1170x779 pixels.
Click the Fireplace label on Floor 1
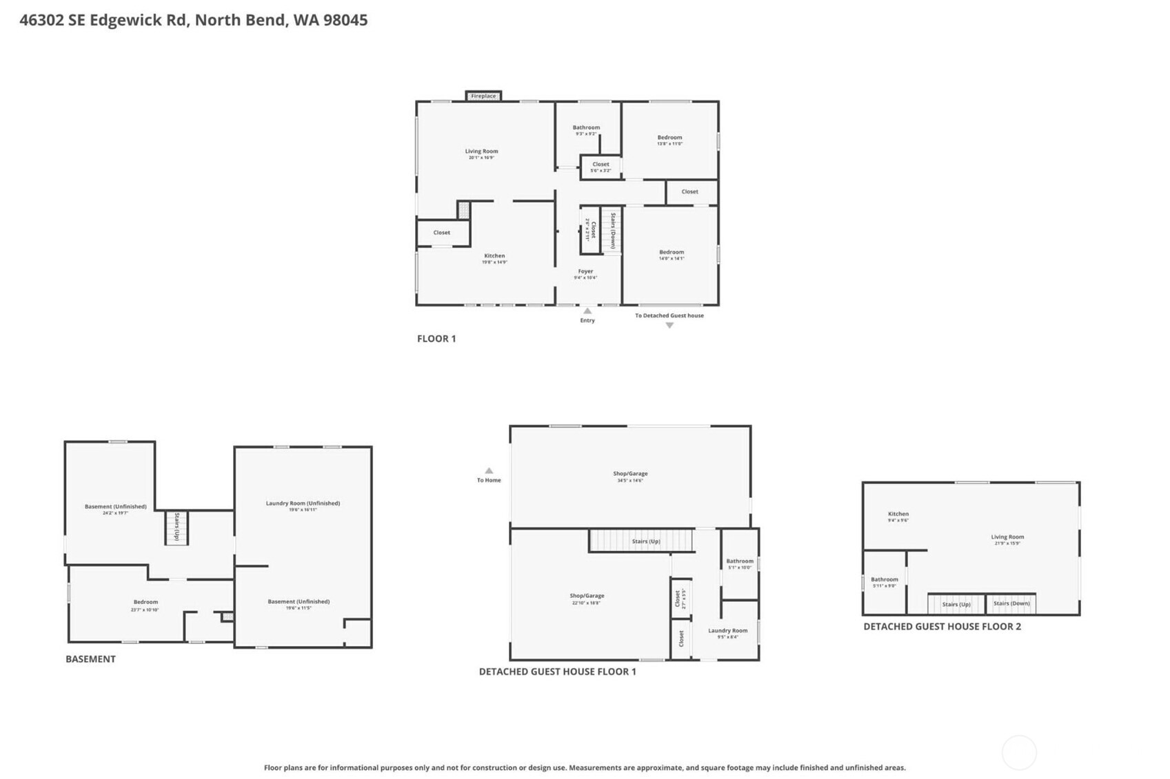[483, 96]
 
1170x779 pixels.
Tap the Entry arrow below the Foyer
[587, 311]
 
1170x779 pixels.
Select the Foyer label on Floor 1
[585, 271]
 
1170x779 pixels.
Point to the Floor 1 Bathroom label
[586, 127]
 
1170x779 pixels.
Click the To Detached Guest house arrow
[669, 325]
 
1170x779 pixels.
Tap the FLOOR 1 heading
[436, 339]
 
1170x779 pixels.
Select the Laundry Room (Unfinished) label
[303, 503]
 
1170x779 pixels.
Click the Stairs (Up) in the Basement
[176, 526]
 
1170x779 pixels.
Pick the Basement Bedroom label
[145, 602]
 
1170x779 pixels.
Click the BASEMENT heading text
[90, 659]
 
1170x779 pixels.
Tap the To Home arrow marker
[489, 471]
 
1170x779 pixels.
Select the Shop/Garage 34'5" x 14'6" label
[630, 474]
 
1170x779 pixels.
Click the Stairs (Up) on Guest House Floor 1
[646, 541]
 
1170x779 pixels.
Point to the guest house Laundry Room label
[727, 631]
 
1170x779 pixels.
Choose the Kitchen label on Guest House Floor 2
[898, 514]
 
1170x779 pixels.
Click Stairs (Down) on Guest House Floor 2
[1011, 603]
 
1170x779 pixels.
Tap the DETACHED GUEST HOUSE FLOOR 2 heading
[942, 627]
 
